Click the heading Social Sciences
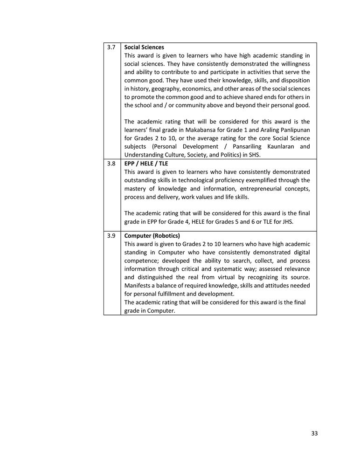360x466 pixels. [x=144, y=48]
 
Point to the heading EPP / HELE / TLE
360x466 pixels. [x=146, y=164]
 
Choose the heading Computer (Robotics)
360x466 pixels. [x=152, y=236]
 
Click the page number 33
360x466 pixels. [x=314, y=433]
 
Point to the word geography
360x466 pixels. [x=175, y=89]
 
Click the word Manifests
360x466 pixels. [x=138, y=285]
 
